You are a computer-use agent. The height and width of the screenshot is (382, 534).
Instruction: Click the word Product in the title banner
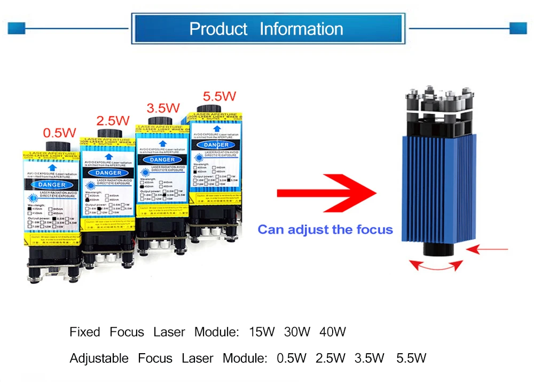218,29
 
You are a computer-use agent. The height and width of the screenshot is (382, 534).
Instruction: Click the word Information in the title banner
301,29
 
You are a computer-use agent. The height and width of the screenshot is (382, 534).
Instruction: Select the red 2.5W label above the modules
113,121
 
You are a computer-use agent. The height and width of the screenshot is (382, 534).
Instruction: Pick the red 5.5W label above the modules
219,97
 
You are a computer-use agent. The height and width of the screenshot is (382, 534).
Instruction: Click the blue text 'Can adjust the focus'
325,230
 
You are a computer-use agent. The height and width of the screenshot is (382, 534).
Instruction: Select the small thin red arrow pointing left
491,248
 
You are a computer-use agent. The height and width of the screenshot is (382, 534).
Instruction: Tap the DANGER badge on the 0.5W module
51,185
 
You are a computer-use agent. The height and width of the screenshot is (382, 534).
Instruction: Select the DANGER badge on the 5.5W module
216,145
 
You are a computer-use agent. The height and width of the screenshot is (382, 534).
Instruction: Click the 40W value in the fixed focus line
332,332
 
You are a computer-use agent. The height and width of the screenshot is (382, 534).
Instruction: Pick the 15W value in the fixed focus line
262,332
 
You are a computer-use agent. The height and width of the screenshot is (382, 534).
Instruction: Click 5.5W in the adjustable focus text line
411,359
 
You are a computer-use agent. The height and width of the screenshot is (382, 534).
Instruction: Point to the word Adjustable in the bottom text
99,359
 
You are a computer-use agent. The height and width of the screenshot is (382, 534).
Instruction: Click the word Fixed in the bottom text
84,332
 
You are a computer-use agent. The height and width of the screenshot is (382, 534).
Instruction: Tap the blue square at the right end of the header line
518,28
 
